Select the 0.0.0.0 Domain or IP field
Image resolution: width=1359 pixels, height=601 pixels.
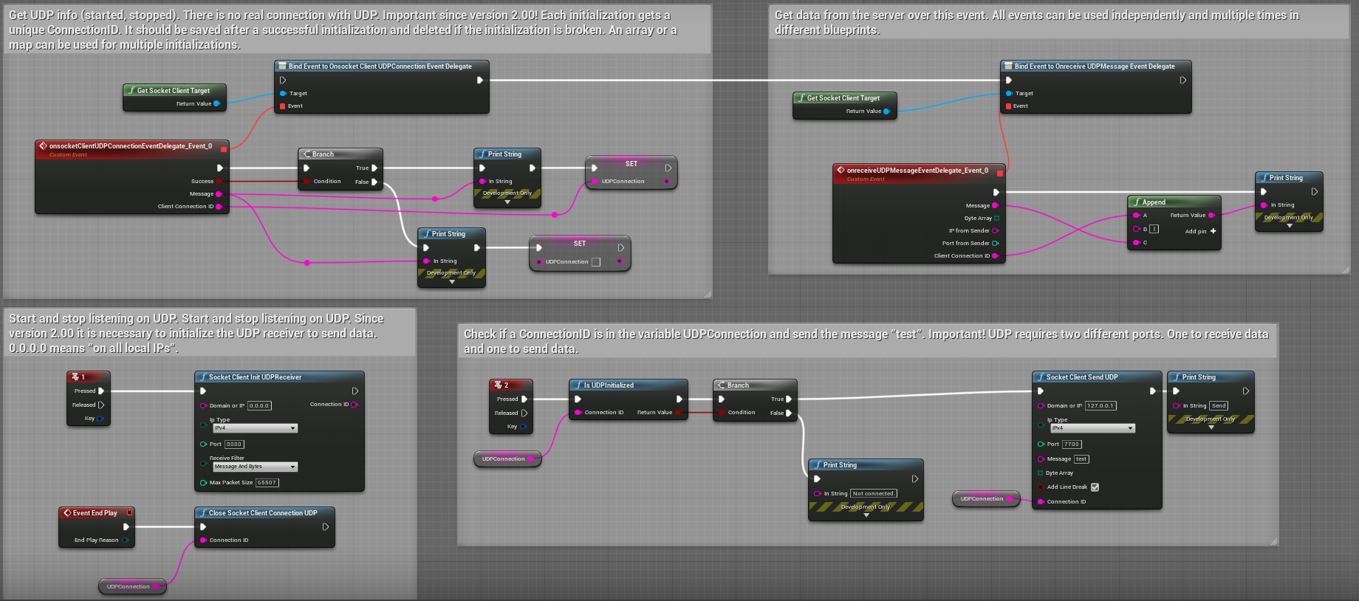(x=259, y=405)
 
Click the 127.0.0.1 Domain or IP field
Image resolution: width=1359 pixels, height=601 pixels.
(x=1100, y=405)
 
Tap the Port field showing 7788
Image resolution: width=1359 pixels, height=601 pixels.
(x=1072, y=444)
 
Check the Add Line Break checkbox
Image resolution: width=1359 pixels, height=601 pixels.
(x=1095, y=487)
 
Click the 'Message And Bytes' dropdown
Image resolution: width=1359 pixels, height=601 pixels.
(x=255, y=467)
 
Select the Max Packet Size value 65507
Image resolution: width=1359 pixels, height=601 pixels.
(x=267, y=483)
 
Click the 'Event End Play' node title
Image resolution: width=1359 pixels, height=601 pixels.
(x=95, y=513)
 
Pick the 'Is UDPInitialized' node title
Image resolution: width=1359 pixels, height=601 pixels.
(x=609, y=385)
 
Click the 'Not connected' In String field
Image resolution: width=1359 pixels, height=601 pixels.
(x=874, y=493)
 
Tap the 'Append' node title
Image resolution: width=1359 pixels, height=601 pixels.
(x=1154, y=202)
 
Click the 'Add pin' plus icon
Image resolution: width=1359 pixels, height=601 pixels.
(x=1213, y=231)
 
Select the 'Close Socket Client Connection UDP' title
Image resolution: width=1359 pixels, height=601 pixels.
(x=263, y=513)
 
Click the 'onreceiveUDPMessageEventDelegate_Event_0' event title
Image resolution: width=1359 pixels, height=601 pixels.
(x=917, y=171)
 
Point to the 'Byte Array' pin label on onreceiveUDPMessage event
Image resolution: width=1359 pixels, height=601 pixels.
(x=978, y=219)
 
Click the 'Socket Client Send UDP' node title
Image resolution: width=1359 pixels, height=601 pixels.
(x=1082, y=377)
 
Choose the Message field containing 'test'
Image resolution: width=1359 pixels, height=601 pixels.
(x=1081, y=459)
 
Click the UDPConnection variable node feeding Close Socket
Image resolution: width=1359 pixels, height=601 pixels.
(x=129, y=587)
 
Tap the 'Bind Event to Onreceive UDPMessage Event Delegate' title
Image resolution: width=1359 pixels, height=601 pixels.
(x=1094, y=66)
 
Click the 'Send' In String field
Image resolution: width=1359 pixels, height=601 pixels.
(x=1219, y=405)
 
